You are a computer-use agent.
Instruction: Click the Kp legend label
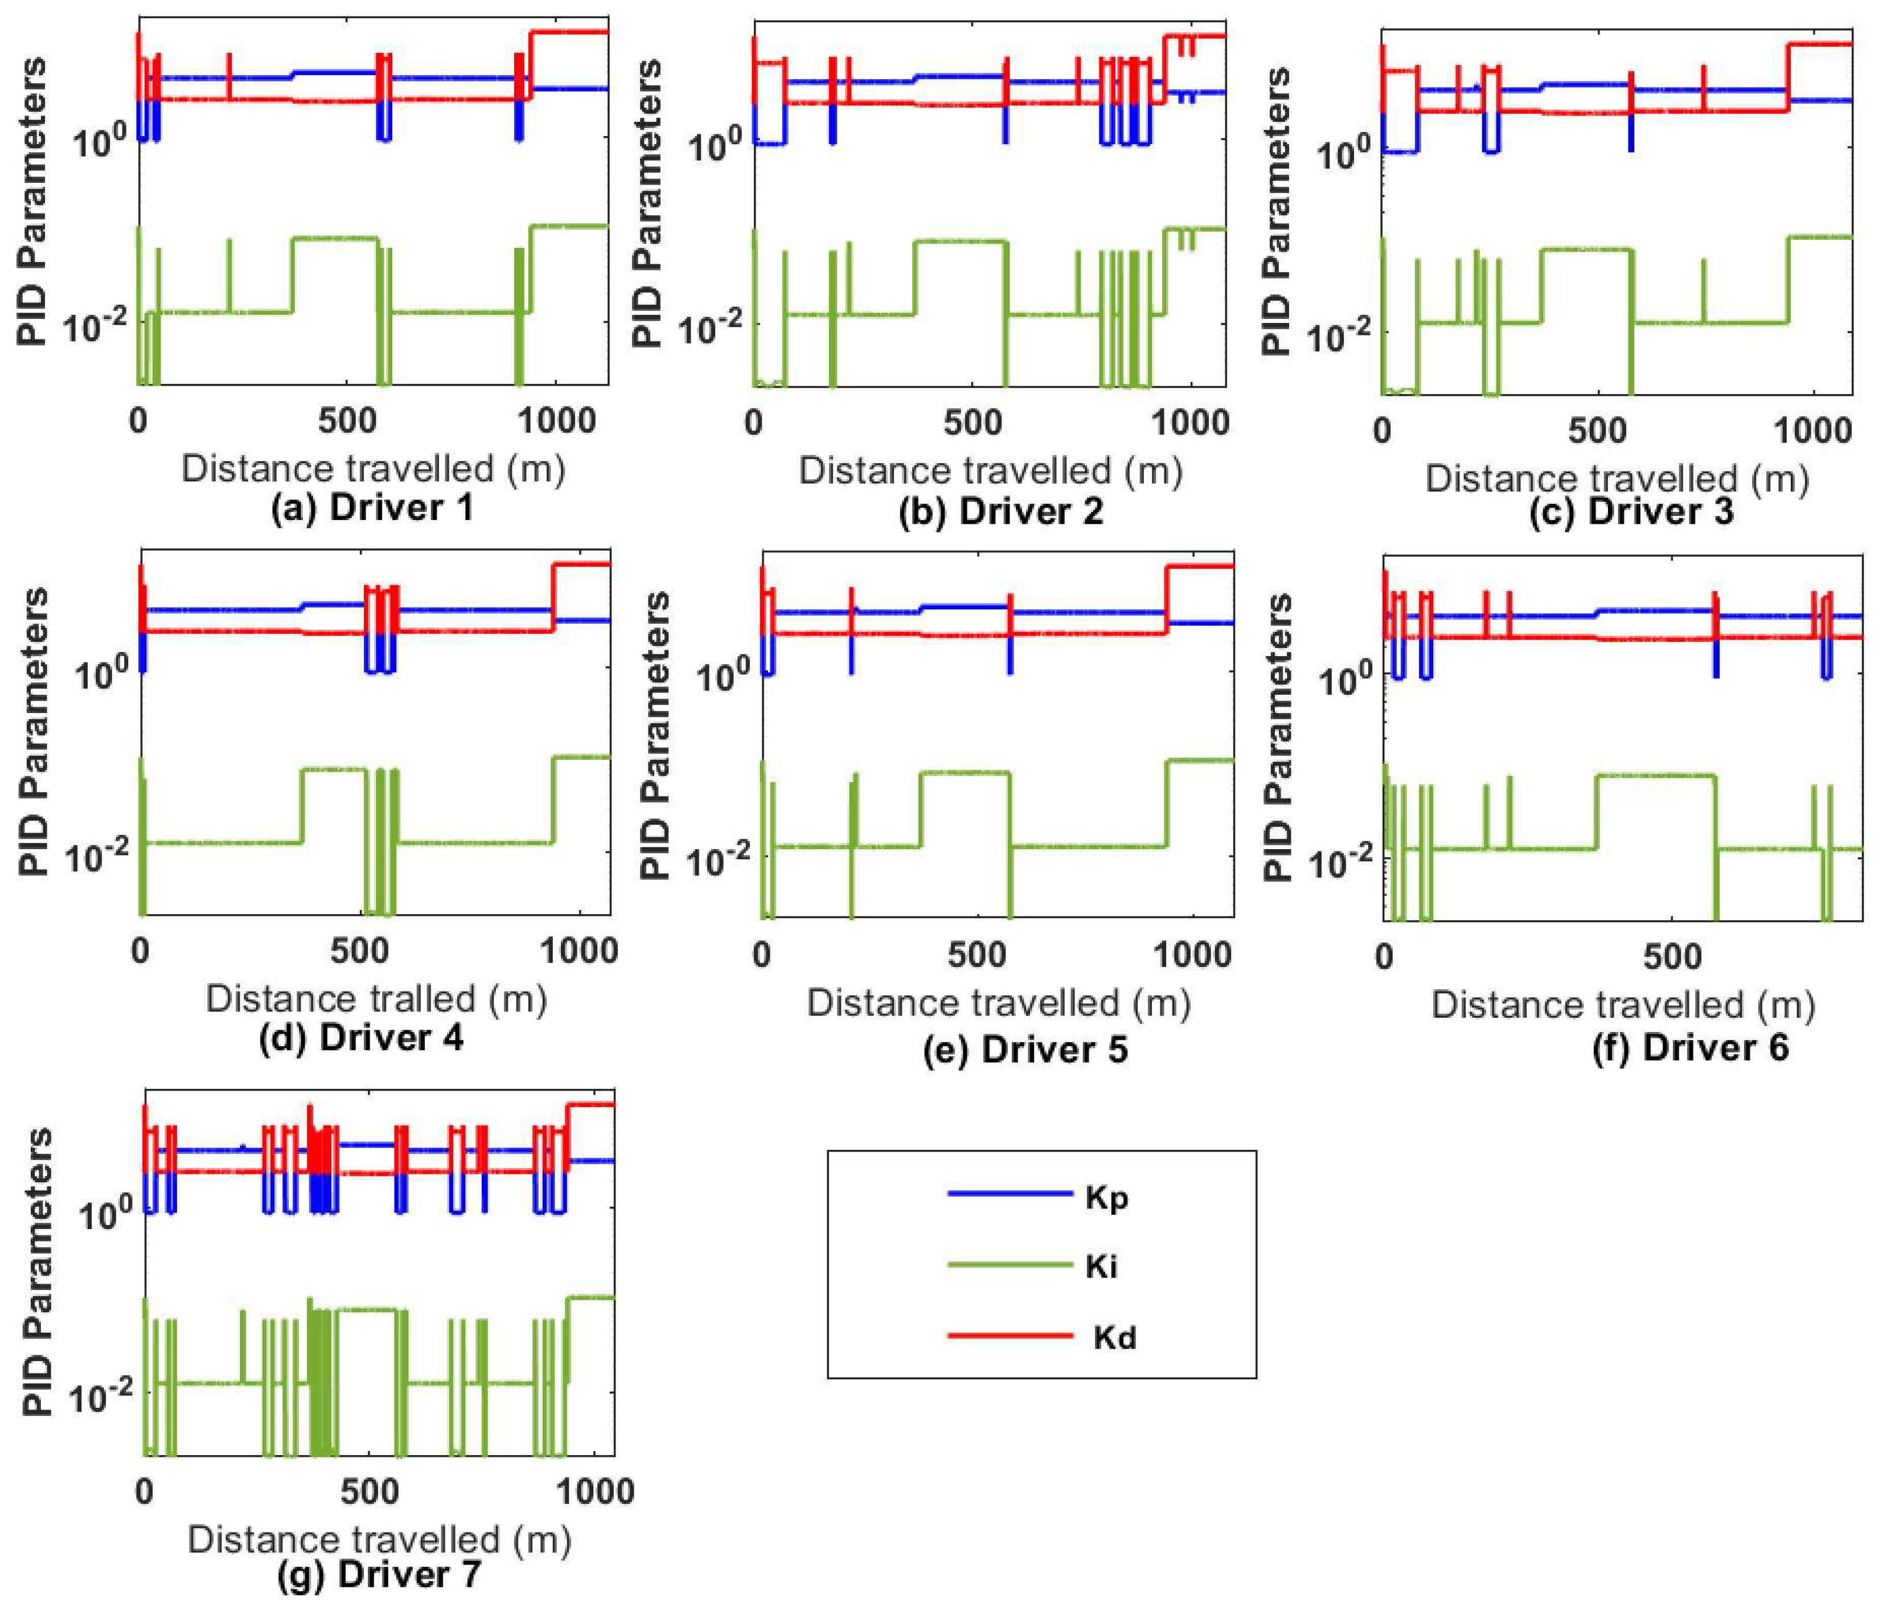coord(1106,1198)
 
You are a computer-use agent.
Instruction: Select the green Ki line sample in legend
coord(1009,1265)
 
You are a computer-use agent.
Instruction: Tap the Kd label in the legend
coord(1114,1338)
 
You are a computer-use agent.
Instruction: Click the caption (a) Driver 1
coord(372,507)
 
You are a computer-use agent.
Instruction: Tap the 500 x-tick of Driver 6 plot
coord(1671,957)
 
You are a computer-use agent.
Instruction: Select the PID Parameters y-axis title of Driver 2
coord(647,204)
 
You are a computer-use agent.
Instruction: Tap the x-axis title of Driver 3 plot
coord(1617,478)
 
